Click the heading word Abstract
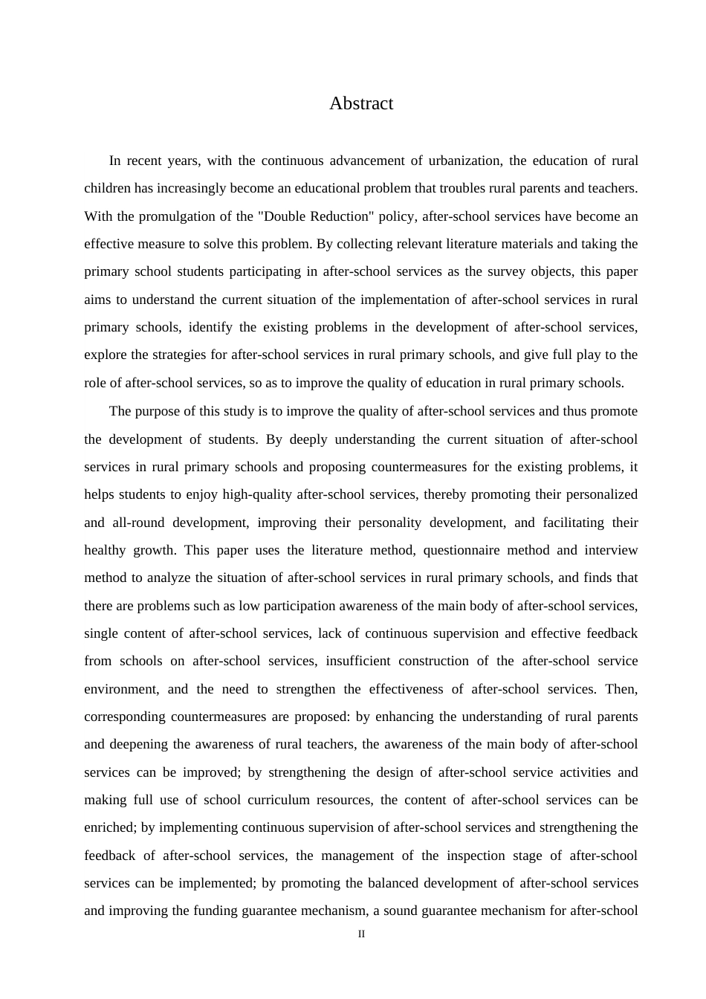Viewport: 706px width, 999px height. coord(361,103)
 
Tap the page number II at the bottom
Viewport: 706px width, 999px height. coord(361,934)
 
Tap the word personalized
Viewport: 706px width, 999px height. coord(602,494)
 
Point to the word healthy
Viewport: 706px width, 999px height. coord(103,550)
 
